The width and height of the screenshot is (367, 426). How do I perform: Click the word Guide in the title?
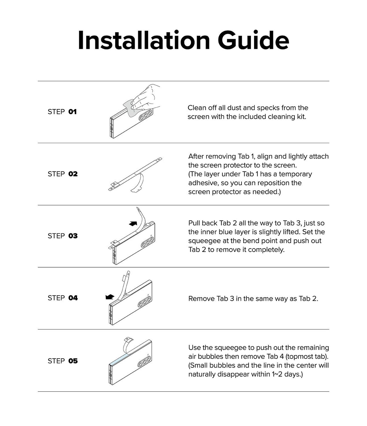253,40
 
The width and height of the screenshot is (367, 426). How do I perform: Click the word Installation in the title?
144,40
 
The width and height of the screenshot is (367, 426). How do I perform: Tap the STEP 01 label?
62,112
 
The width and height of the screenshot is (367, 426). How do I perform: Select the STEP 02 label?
63,174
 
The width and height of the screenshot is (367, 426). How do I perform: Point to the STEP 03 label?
63,236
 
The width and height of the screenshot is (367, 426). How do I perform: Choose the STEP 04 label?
63,298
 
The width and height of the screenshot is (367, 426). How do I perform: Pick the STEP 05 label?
63,361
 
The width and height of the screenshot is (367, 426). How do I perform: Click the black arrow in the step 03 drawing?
133,224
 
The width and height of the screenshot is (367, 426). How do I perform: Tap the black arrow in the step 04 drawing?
110,297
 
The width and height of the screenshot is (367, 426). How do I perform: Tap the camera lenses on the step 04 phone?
145,302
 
